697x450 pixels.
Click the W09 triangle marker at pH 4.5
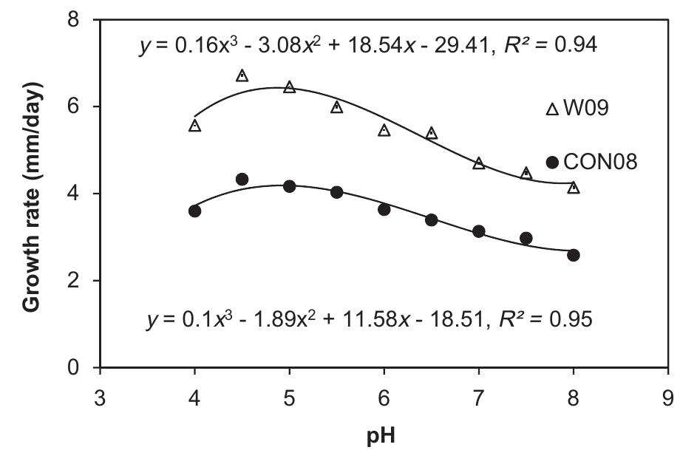[242, 76]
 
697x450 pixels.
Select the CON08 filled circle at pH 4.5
[242, 179]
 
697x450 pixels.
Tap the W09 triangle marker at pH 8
[574, 188]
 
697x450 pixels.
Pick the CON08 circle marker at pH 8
[574, 255]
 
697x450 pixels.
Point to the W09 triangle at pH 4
[194, 126]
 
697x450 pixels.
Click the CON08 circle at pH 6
[384, 209]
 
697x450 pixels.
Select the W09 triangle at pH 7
[479, 163]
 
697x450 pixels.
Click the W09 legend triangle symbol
[551, 109]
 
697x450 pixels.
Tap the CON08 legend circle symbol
[551, 162]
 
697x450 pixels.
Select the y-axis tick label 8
[74, 20]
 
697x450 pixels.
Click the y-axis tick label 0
[74, 367]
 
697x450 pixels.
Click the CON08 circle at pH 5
[289, 186]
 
